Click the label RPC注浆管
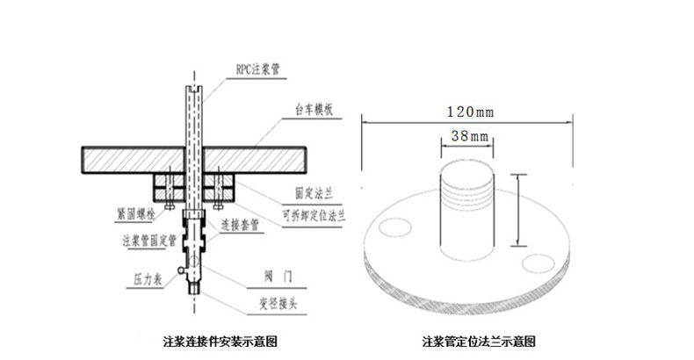(x=260, y=68)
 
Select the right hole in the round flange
(x=536, y=262)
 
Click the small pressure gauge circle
(x=181, y=270)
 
